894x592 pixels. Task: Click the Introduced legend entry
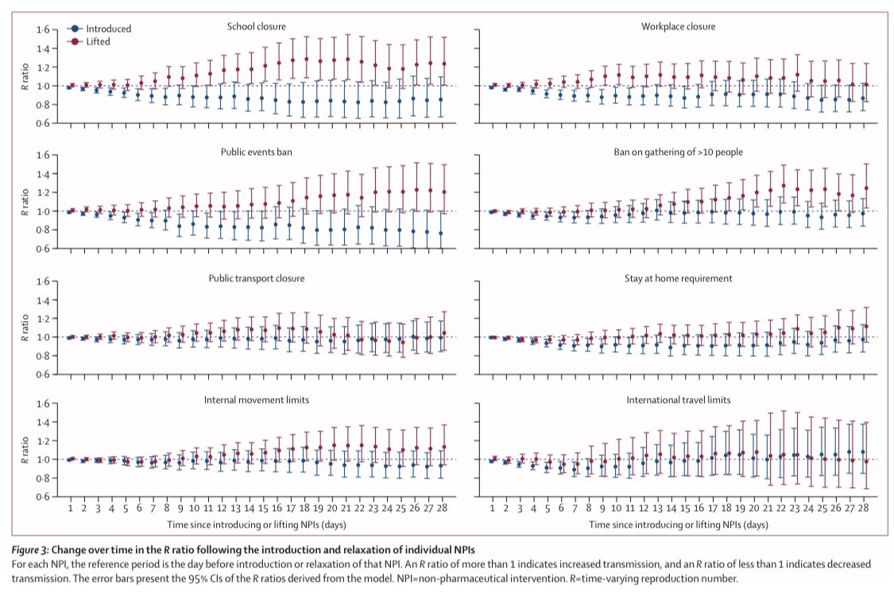(x=99, y=29)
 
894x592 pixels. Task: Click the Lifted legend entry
(x=89, y=40)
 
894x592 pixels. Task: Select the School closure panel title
(x=256, y=27)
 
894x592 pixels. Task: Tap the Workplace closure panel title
(x=678, y=27)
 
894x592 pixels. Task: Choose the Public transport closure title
(x=256, y=279)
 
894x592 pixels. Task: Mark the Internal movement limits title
(x=256, y=400)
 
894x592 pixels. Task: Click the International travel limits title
(x=678, y=400)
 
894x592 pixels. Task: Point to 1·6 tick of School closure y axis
(x=42, y=30)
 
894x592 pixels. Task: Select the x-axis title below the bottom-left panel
(x=256, y=525)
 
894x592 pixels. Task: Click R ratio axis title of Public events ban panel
(x=24, y=202)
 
